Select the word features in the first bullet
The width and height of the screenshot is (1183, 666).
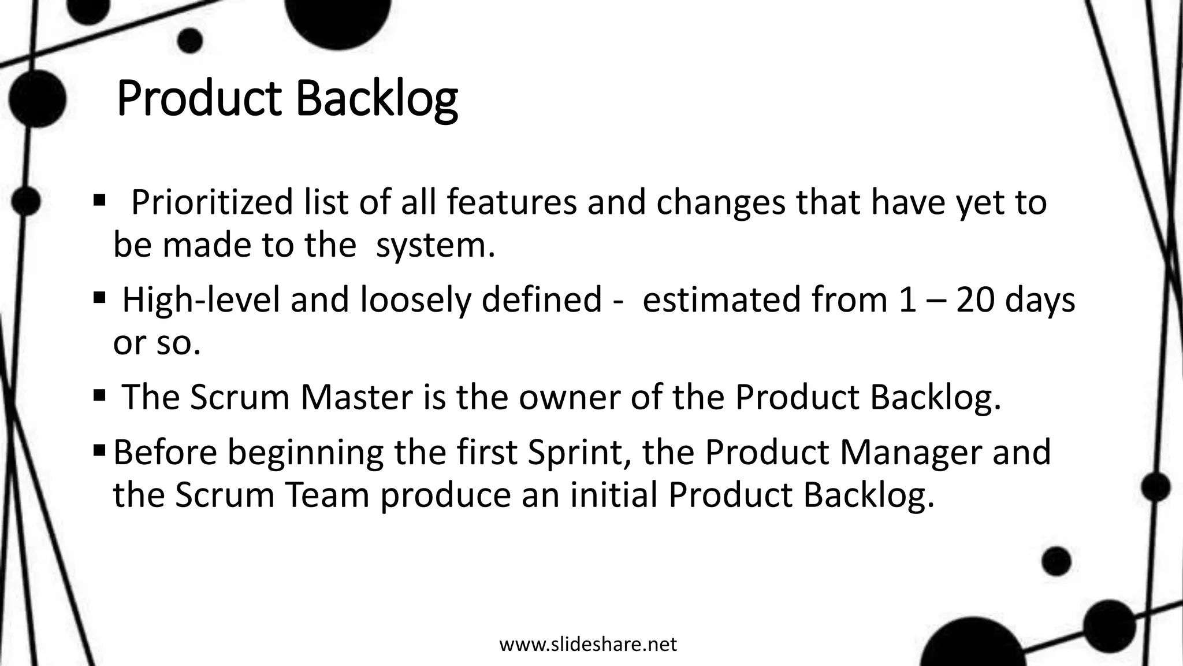511,202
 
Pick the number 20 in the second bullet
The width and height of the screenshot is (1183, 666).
975,300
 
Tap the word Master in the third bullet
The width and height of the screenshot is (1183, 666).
356,397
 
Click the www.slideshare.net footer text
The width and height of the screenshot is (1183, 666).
587,643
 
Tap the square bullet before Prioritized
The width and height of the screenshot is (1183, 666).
99,201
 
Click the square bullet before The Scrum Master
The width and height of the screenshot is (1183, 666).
99,396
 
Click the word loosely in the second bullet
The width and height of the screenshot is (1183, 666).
415,300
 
